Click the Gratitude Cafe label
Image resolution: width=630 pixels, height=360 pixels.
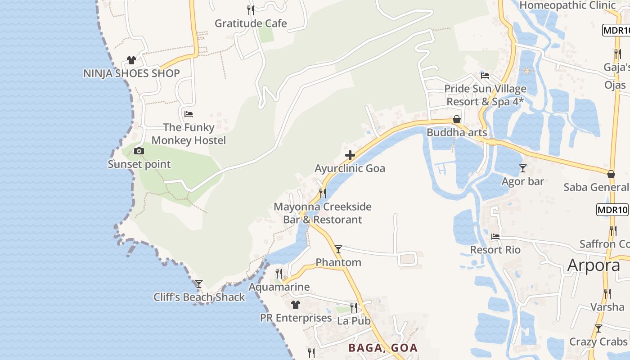click(251, 23)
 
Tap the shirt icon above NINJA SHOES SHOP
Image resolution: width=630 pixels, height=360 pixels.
click(131, 60)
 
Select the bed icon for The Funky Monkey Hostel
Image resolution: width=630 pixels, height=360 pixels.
click(189, 114)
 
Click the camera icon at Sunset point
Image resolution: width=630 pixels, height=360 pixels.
click(139, 151)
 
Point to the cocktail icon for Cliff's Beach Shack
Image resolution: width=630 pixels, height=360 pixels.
click(198, 284)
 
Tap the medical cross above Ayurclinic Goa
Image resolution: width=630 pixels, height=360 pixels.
click(350, 156)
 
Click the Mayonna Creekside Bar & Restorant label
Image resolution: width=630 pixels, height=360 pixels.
click(323, 213)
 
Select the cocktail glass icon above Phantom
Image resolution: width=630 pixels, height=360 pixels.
click(338, 249)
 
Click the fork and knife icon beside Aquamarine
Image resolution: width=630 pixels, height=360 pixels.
click(279, 274)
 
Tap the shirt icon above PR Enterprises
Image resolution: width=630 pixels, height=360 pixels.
click(295, 305)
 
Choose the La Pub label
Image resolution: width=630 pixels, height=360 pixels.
click(354, 321)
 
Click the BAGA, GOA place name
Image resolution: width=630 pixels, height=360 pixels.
click(383, 348)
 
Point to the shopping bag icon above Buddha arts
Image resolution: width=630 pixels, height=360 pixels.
click(457, 119)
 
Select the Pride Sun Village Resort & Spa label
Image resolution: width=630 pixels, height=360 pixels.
click(485, 95)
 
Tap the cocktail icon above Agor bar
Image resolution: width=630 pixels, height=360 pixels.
click(522, 168)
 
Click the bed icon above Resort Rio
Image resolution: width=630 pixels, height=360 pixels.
click(495, 237)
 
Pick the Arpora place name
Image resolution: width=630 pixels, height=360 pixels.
click(594, 265)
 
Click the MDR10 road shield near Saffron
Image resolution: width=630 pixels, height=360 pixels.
click(612, 210)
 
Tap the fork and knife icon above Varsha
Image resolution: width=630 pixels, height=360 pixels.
click(607, 294)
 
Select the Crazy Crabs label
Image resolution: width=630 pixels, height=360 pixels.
click(598, 342)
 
